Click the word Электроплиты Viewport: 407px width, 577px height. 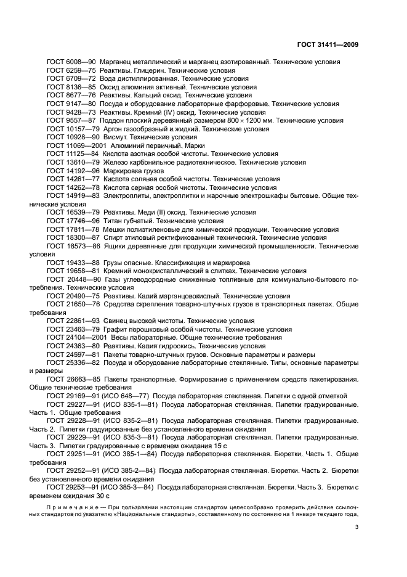(129, 196)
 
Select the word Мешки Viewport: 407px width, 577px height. (115, 229)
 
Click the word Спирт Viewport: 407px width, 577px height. (113, 237)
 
